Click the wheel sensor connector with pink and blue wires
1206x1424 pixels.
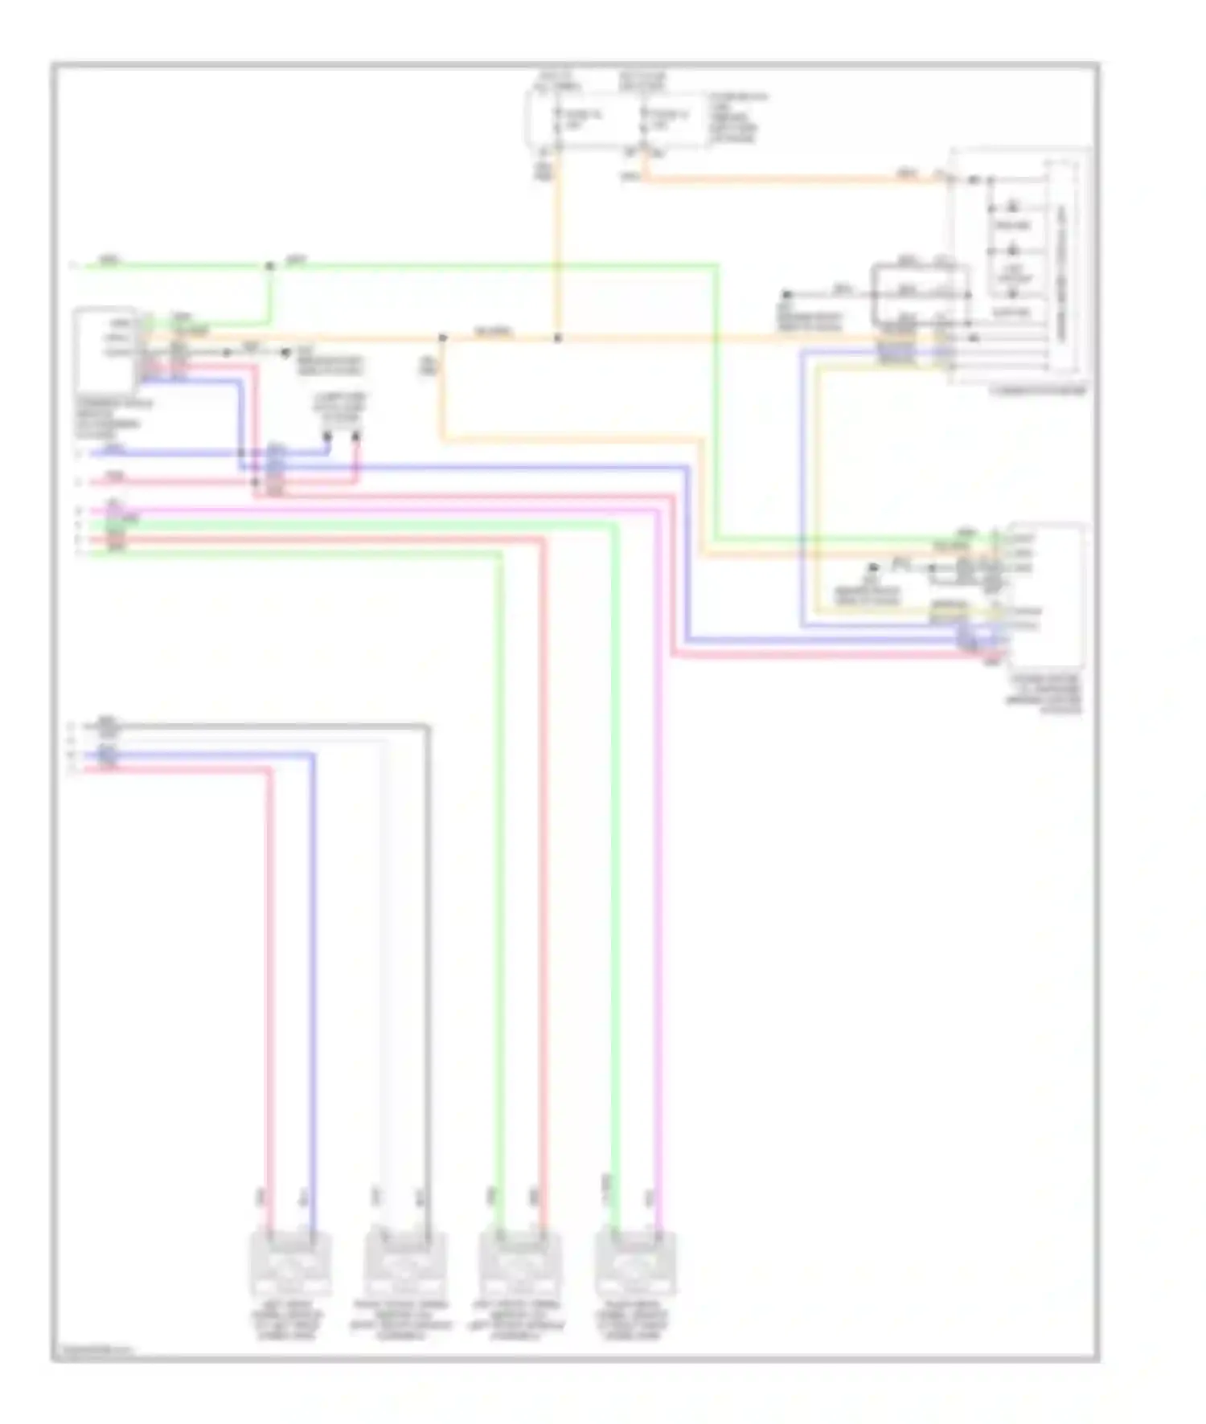click(x=291, y=1264)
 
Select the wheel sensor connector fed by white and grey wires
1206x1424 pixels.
click(x=405, y=1264)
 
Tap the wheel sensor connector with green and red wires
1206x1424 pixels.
click(x=520, y=1264)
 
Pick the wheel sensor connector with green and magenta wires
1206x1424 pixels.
click(x=635, y=1264)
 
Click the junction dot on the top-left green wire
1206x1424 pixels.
click(x=269, y=265)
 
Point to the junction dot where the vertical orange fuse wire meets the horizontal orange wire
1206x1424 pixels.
click(x=557, y=338)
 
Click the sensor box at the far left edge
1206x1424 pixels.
click(x=106, y=349)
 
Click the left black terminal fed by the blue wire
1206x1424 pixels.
click(x=328, y=437)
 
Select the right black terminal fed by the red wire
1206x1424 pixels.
click(x=356, y=437)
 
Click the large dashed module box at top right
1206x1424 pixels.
click(x=1019, y=265)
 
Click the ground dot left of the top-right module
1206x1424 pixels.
click(x=788, y=295)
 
